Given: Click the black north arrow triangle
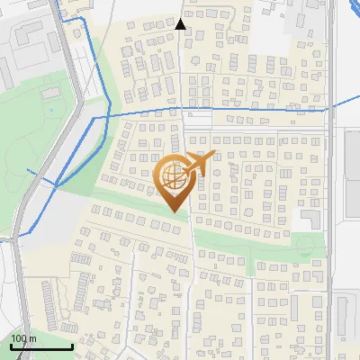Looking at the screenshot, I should coord(180,24).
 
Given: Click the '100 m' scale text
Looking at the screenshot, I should coord(24,337).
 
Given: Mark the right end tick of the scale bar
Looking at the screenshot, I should coord(72,346).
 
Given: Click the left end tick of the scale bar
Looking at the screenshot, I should coord(11,346).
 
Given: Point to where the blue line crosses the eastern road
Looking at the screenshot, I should coord(330,107).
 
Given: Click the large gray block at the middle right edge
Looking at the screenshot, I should coord(352,180).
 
